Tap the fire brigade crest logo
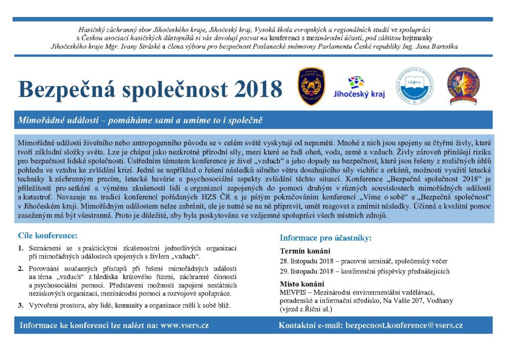[312, 86]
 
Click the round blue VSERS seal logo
[415, 86]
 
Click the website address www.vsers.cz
[184, 325]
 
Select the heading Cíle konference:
[48, 235]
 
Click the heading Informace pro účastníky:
[326, 238]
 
